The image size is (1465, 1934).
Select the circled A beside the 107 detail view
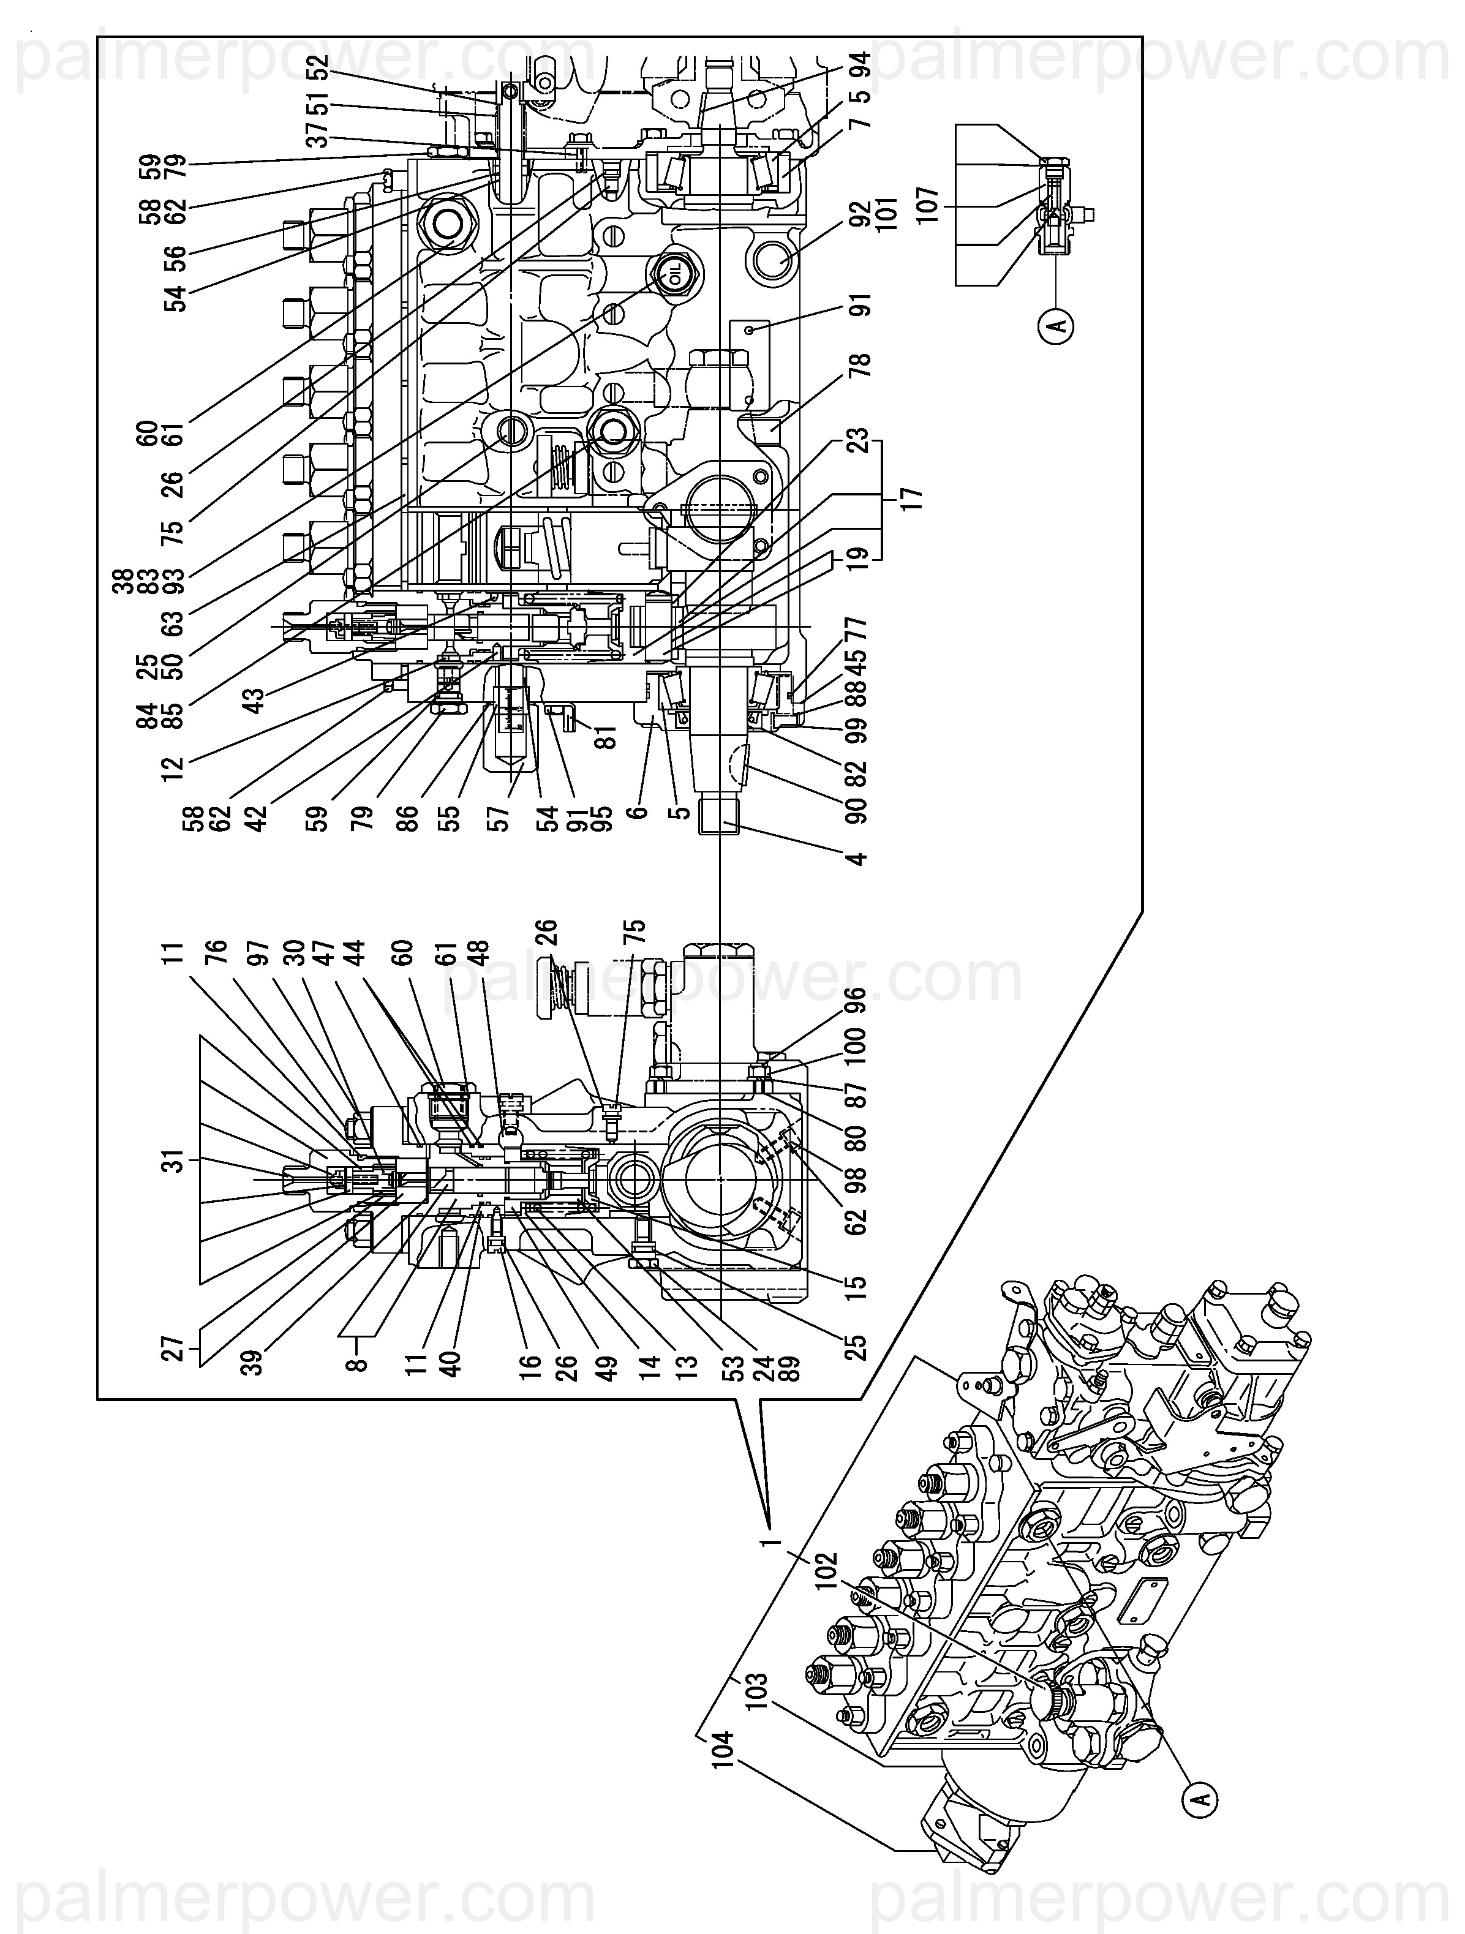click(x=1058, y=326)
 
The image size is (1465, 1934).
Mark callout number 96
click(x=856, y=998)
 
